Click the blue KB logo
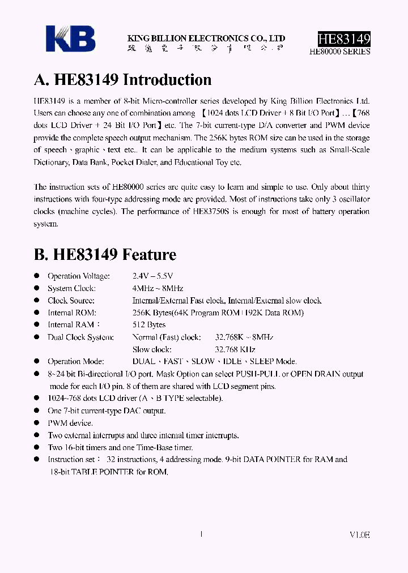pos(71,39)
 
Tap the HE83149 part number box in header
pos(344,39)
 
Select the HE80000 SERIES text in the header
pos(340,51)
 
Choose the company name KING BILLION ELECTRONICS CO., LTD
pos(206,39)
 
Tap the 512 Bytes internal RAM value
pos(148,324)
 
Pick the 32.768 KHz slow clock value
pos(235,349)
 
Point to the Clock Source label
pos(71,301)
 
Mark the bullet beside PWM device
pos(36,423)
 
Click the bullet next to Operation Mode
pos(36,361)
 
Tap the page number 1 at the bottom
pos(202,533)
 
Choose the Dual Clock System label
pos(80,337)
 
